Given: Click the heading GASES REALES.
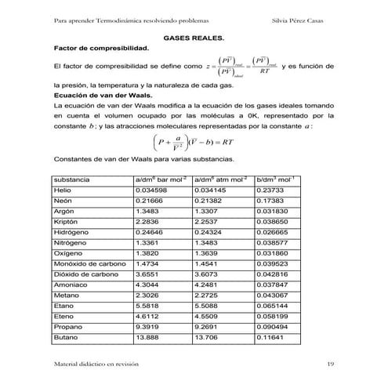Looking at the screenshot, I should [193, 38].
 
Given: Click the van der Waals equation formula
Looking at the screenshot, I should [194, 144].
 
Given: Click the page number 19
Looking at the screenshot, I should [330, 364].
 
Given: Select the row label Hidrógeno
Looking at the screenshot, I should [71, 233].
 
